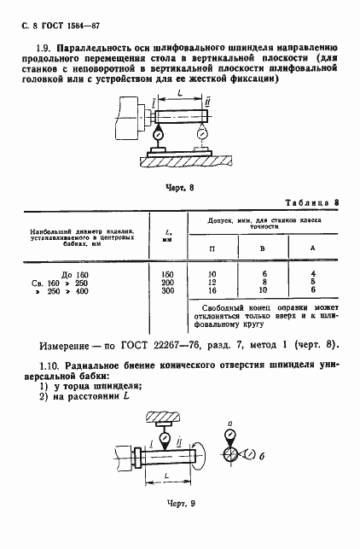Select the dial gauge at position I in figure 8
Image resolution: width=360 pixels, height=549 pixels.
click(x=157, y=134)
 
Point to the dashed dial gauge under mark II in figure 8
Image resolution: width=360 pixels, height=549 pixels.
click(x=201, y=134)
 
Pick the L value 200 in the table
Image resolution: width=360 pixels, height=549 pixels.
click(x=167, y=281)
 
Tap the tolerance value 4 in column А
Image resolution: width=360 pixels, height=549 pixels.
click(x=314, y=272)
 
